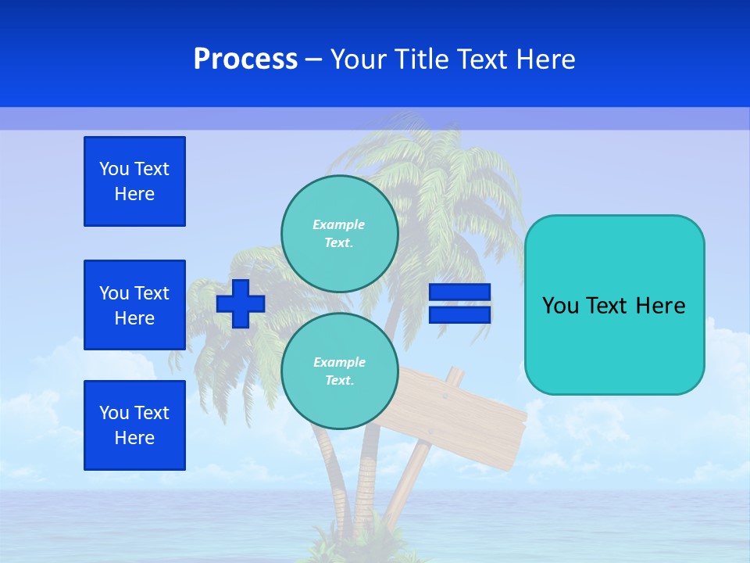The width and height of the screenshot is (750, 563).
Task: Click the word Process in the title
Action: (245, 59)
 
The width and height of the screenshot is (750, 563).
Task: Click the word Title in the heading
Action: (420, 59)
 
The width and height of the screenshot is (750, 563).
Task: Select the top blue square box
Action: (134, 181)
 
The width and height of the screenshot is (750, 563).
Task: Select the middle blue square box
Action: (134, 305)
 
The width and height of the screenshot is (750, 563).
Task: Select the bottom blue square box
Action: (134, 425)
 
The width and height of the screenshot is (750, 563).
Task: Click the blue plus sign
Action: (241, 303)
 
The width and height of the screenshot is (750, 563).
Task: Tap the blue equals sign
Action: (459, 303)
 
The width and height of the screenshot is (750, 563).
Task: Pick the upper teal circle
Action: (340, 233)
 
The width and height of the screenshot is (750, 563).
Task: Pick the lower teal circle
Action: (340, 371)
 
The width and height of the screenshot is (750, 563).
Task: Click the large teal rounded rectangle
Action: (614, 305)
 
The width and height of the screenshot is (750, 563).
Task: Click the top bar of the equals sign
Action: (459, 292)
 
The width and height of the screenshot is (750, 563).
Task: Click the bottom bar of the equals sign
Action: (459, 314)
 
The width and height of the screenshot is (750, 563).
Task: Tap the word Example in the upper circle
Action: (339, 224)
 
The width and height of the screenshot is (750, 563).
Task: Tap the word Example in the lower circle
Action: (339, 362)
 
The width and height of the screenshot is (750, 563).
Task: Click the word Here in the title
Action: (545, 59)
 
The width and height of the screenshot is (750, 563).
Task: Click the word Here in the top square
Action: (134, 194)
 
